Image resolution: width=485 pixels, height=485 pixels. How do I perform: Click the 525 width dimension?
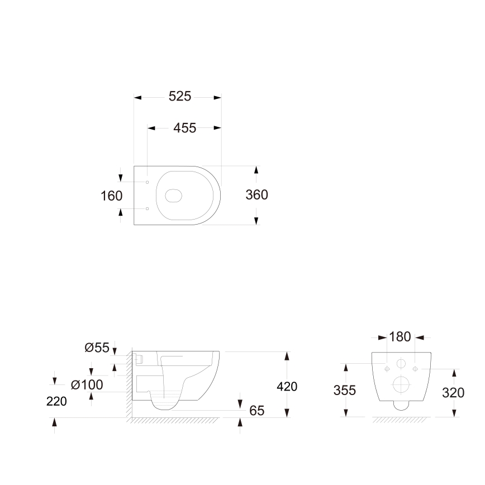[x=180, y=97]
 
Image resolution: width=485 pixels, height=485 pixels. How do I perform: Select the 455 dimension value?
[x=184, y=128]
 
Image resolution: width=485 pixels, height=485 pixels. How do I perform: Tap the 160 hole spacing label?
[x=111, y=196]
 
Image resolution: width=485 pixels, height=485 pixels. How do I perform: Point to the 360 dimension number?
[x=256, y=195]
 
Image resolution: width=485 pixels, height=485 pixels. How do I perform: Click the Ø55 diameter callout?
[x=97, y=348]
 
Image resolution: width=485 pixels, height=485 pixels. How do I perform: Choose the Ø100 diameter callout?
[x=87, y=385]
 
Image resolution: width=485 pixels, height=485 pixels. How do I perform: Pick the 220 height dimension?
[x=56, y=402]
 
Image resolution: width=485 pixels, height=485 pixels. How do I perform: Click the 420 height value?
[x=287, y=387]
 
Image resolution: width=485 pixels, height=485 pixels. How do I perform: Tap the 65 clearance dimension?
[x=256, y=411]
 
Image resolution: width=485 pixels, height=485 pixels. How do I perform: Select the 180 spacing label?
[x=400, y=337]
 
